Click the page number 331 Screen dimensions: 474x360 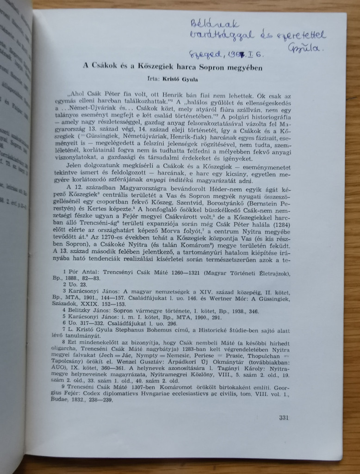pyautogui.click(x=284, y=418)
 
